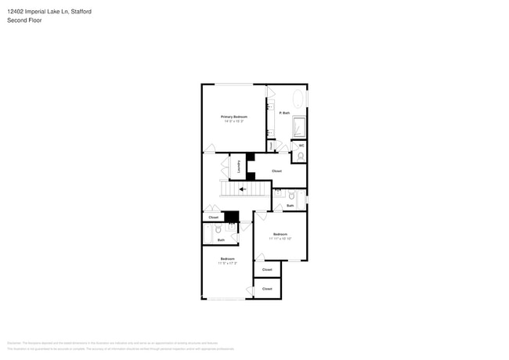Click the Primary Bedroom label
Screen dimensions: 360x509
coord(233,117)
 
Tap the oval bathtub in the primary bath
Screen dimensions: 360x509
coord(298,99)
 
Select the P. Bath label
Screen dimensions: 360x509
coord(285,113)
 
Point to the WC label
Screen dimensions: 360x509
coord(301,145)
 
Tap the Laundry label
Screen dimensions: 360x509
coord(238,166)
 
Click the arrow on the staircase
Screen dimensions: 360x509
coord(243,189)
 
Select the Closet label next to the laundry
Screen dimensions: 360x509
coord(276,171)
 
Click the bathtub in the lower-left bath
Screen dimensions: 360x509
coord(208,234)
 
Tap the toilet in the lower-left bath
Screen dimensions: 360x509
coord(218,229)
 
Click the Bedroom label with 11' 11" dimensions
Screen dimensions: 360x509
coord(280,235)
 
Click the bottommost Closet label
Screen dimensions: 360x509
coord(267,289)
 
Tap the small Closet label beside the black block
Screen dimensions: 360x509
coord(213,218)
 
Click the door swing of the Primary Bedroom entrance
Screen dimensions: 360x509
coord(209,148)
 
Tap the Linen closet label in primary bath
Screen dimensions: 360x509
coord(270,145)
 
